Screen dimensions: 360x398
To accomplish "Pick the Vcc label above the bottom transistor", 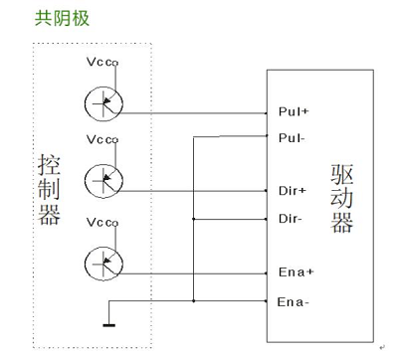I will click(100, 221).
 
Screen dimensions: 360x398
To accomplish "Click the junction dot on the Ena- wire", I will click(194, 299).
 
